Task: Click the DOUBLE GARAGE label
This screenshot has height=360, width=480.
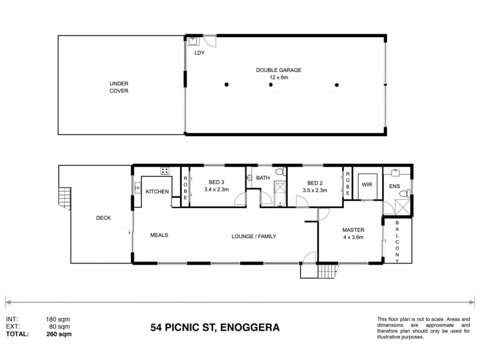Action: [278, 70]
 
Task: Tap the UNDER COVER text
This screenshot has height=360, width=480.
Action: [119, 87]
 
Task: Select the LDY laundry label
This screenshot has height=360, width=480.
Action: [199, 53]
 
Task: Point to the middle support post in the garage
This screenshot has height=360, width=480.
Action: [271, 85]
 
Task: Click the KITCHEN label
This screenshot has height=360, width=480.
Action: [157, 192]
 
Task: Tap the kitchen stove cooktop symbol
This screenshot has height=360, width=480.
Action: [164, 172]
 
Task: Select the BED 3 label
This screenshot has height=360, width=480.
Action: [217, 182]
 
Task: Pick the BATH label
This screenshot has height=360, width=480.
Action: [263, 178]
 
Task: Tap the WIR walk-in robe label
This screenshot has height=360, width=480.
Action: [367, 185]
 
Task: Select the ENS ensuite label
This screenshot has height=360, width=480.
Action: [395, 187]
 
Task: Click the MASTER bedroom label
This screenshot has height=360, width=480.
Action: [353, 230]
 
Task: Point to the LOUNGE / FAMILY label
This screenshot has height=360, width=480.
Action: [254, 236]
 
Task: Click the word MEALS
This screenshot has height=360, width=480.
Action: [159, 235]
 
